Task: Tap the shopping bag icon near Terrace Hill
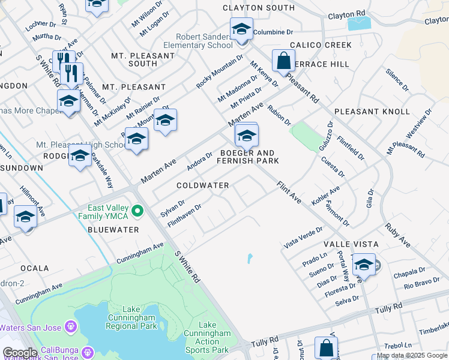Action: coord(283,61)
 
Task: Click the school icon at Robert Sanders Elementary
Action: coord(241,29)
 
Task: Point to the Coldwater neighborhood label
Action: coord(203,185)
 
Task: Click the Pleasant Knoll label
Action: coord(372,112)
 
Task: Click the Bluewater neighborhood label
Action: coord(113,230)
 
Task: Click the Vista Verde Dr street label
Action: coord(303,237)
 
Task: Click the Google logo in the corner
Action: coord(20,353)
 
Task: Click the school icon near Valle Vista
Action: coord(364,264)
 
